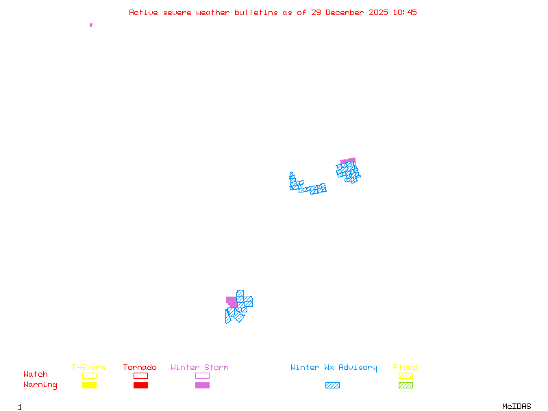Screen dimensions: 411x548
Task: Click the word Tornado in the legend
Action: (140, 368)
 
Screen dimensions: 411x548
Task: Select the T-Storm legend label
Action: (88, 368)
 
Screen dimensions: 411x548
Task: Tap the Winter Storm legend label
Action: (199, 368)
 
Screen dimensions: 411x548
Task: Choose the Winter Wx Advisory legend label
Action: (334, 368)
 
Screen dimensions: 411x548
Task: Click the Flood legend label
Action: (406, 368)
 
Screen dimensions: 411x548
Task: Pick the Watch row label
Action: (36, 375)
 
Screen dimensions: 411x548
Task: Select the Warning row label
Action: (40, 385)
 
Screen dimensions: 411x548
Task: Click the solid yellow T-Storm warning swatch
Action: (89, 385)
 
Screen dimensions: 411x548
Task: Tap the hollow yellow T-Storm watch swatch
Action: (89, 375)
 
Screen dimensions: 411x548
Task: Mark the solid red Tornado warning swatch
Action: (140, 385)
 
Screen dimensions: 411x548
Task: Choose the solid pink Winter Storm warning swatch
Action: (202, 385)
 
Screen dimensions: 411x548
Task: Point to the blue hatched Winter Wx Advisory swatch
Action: (332, 385)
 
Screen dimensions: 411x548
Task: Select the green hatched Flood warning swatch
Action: (406, 385)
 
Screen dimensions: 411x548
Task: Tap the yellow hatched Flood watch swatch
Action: (406, 375)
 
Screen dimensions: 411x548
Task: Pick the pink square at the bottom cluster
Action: (232, 301)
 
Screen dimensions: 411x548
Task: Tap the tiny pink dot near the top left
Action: (90, 25)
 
